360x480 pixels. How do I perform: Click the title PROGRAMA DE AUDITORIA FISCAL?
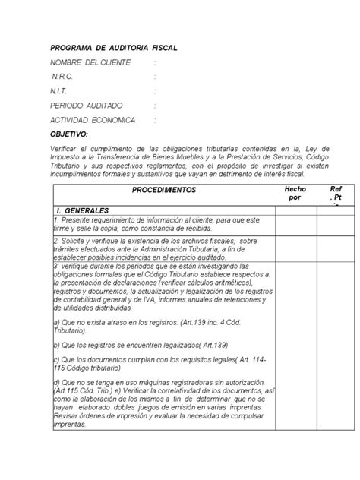[113, 47]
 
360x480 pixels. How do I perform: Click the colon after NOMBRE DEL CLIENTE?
[154, 62]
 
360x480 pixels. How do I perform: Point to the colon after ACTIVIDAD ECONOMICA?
[154, 120]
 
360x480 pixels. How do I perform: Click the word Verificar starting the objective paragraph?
[65, 149]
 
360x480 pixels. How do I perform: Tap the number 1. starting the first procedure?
[55, 219]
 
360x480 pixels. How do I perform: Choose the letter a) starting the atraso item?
[56, 322]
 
